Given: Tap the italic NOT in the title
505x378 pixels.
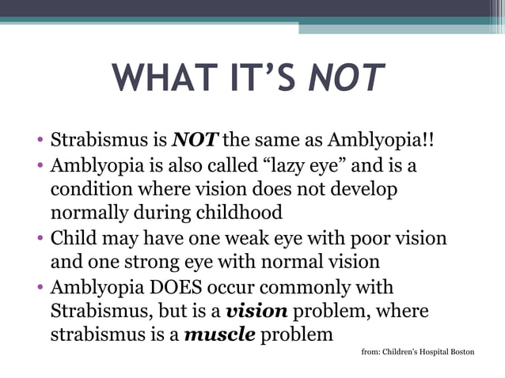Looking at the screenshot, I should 345,77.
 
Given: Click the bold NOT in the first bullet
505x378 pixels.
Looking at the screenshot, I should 196,142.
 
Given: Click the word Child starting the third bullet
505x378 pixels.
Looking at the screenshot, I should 73,237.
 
